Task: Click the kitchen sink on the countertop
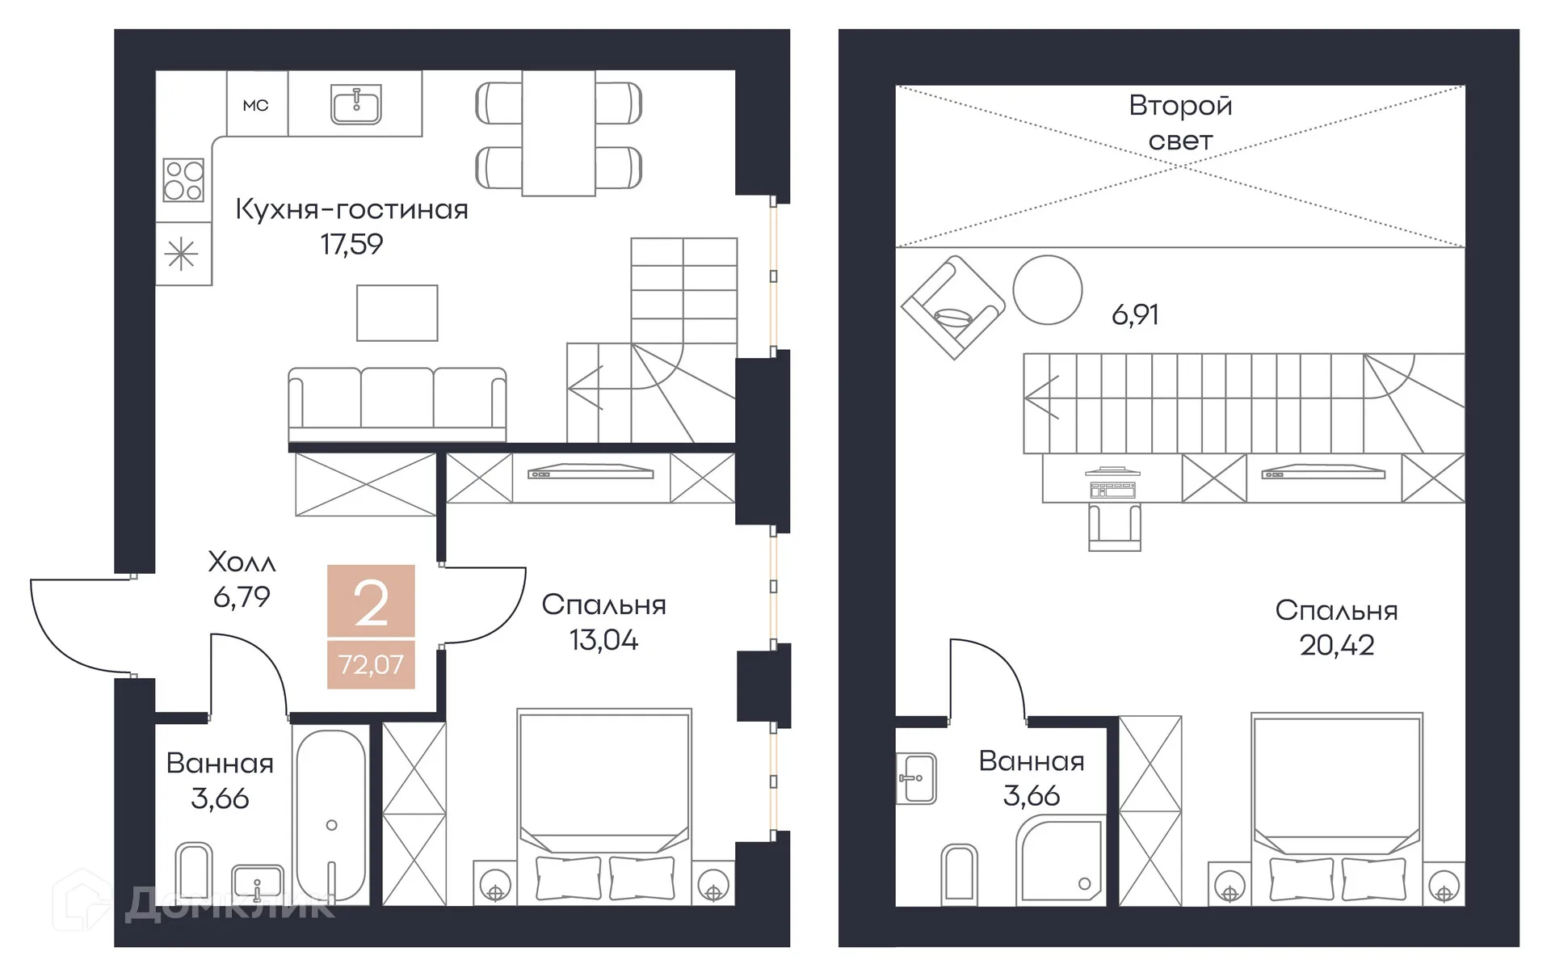click(x=355, y=104)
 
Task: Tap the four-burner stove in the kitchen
click(x=183, y=179)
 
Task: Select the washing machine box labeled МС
click(x=257, y=103)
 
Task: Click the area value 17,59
click(x=351, y=244)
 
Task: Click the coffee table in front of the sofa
click(x=397, y=313)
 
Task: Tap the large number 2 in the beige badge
click(x=371, y=603)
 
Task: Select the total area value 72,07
click(x=371, y=664)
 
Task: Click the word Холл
click(x=242, y=561)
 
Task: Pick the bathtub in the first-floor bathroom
click(x=331, y=817)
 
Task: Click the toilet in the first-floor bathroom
click(x=194, y=873)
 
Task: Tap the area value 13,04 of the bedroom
click(x=603, y=640)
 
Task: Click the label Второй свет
click(x=1180, y=123)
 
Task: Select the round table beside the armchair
click(x=1048, y=289)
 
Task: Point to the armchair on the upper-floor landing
click(x=953, y=307)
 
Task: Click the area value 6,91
click(x=1135, y=314)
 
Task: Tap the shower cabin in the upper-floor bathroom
click(x=1061, y=858)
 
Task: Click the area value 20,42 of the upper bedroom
click(x=1337, y=645)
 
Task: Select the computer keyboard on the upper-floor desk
click(x=1112, y=490)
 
